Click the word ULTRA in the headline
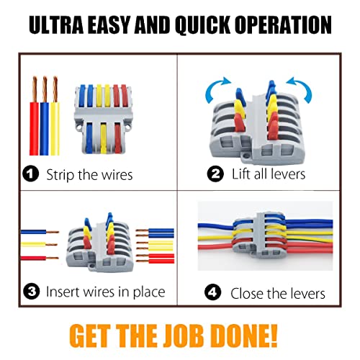click(56, 24)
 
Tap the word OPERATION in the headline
click(283, 24)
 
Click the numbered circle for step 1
click(30, 174)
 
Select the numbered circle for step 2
click(215, 174)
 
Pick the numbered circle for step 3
click(32, 292)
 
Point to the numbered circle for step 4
click(212, 292)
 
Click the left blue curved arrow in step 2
click(216, 89)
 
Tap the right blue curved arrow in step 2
click(300, 89)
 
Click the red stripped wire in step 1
click(35, 116)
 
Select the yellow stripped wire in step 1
click(55, 116)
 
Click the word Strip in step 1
click(60, 175)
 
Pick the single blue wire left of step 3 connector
click(40, 232)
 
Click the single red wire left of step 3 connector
click(40, 258)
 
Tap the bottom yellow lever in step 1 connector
click(103, 138)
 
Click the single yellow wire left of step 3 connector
click(40, 245)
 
